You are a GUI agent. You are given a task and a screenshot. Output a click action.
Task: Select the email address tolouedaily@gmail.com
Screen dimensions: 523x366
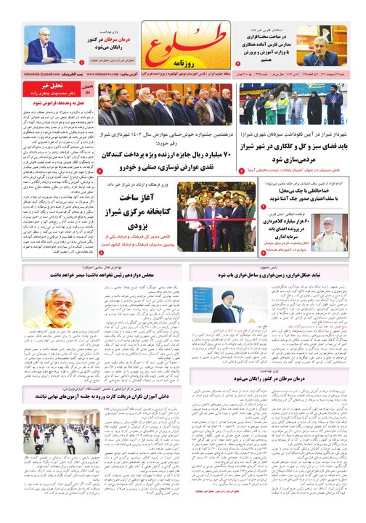(31, 74)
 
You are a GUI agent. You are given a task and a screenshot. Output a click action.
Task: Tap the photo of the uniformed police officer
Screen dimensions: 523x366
(331, 233)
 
